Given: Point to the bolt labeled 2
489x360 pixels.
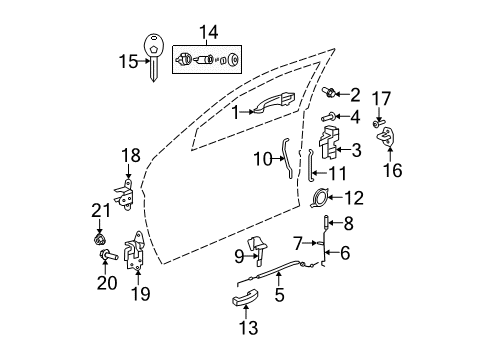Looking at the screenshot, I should [331, 95].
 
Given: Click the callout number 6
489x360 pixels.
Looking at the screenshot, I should [346, 254].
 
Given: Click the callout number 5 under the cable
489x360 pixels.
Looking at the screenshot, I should [281, 296].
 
